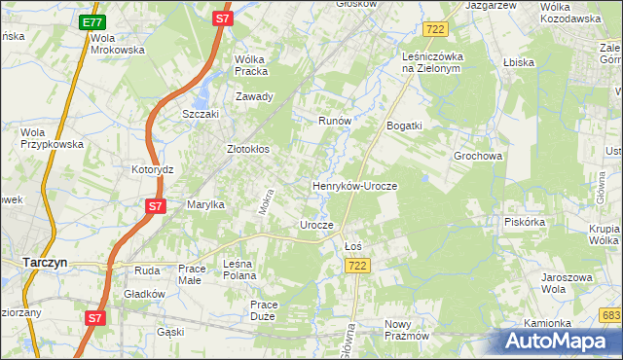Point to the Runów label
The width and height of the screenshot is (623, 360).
coord(335,121)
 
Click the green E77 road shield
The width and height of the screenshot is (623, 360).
coord(92,22)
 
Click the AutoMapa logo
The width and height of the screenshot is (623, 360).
coord(561,341)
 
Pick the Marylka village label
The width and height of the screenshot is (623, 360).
coord(205,204)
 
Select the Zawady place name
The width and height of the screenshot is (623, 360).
coord(255,96)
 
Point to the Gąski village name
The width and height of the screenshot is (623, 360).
coord(170,332)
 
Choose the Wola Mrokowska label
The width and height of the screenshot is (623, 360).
coord(117,44)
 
